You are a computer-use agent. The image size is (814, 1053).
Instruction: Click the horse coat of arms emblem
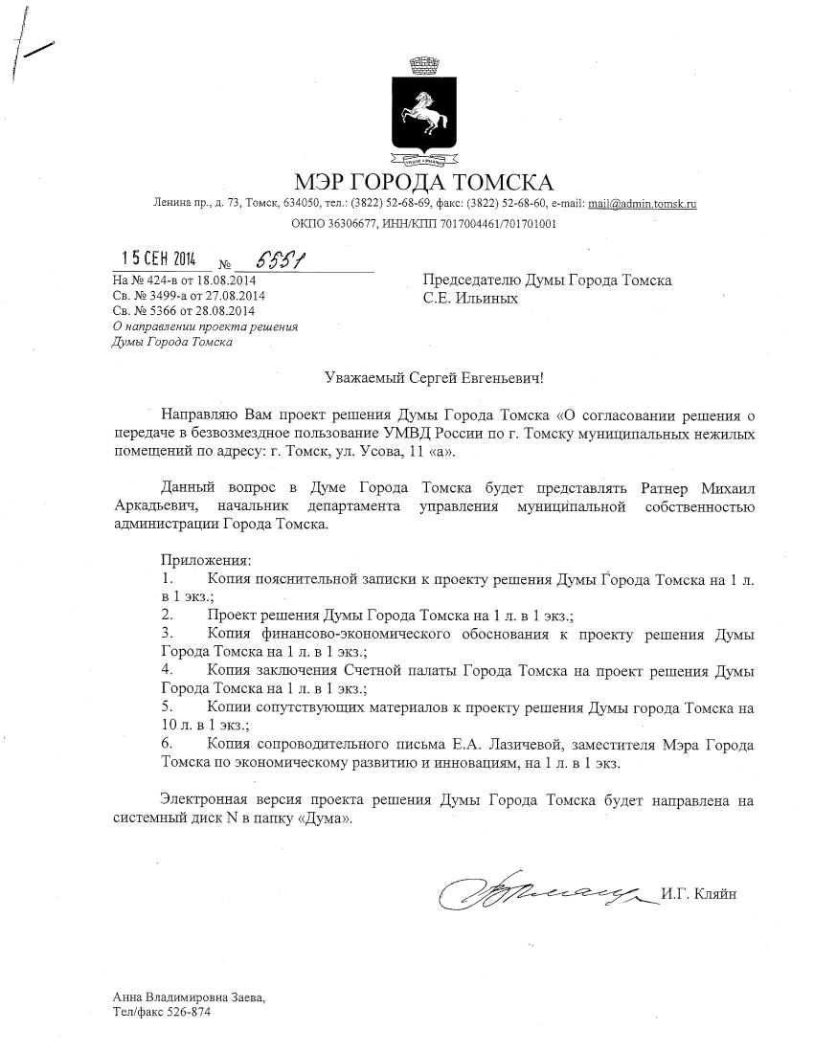[424, 113]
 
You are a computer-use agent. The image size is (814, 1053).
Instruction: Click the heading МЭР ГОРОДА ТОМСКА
[423, 182]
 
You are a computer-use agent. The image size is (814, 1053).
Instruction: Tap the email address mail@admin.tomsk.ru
[642, 204]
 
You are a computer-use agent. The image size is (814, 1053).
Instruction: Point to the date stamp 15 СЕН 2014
[158, 258]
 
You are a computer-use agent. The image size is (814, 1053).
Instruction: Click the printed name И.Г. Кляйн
[698, 894]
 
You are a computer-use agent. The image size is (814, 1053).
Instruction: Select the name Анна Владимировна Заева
[188, 997]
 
